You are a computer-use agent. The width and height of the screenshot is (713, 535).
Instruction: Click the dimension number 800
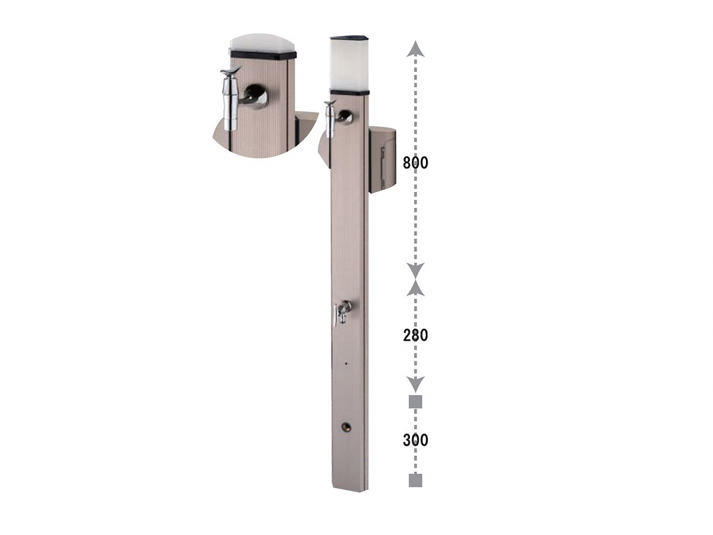(x=415, y=163)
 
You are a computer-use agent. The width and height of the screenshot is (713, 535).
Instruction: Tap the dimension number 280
(x=415, y=335)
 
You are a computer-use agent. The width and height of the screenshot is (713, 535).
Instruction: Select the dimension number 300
(x=415, y=440)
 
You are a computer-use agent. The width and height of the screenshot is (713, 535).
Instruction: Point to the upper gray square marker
(x=415, y=402)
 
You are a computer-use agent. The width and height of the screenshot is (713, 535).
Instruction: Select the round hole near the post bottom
(x=346, y=426)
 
